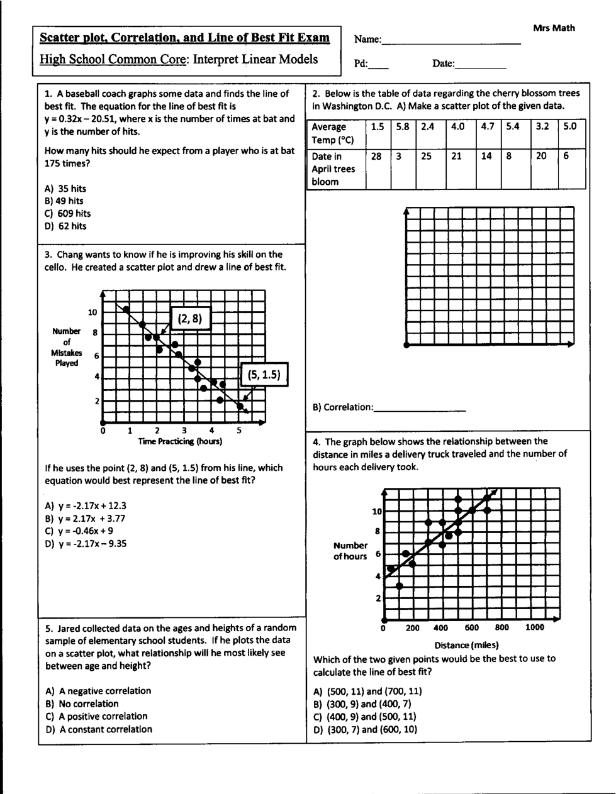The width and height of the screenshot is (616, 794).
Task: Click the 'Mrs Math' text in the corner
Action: (x=554, y=28)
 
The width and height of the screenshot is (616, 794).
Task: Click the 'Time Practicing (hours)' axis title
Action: (x=180, y=441)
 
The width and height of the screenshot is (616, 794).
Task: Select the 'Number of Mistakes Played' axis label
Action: (x=67, y=347)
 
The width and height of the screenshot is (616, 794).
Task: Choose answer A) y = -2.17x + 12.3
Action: (x=86, y=505)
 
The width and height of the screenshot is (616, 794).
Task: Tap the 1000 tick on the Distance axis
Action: (x=535, y=627)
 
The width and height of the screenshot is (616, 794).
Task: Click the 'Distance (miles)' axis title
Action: (x=466, y=645)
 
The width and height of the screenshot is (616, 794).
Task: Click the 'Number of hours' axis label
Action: (x=350, y=551)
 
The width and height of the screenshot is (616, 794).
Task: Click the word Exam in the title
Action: (x=313, y=38)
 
